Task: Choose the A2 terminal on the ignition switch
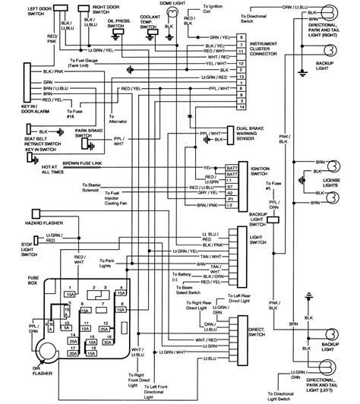pyautogui.click(x=230, y=206)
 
